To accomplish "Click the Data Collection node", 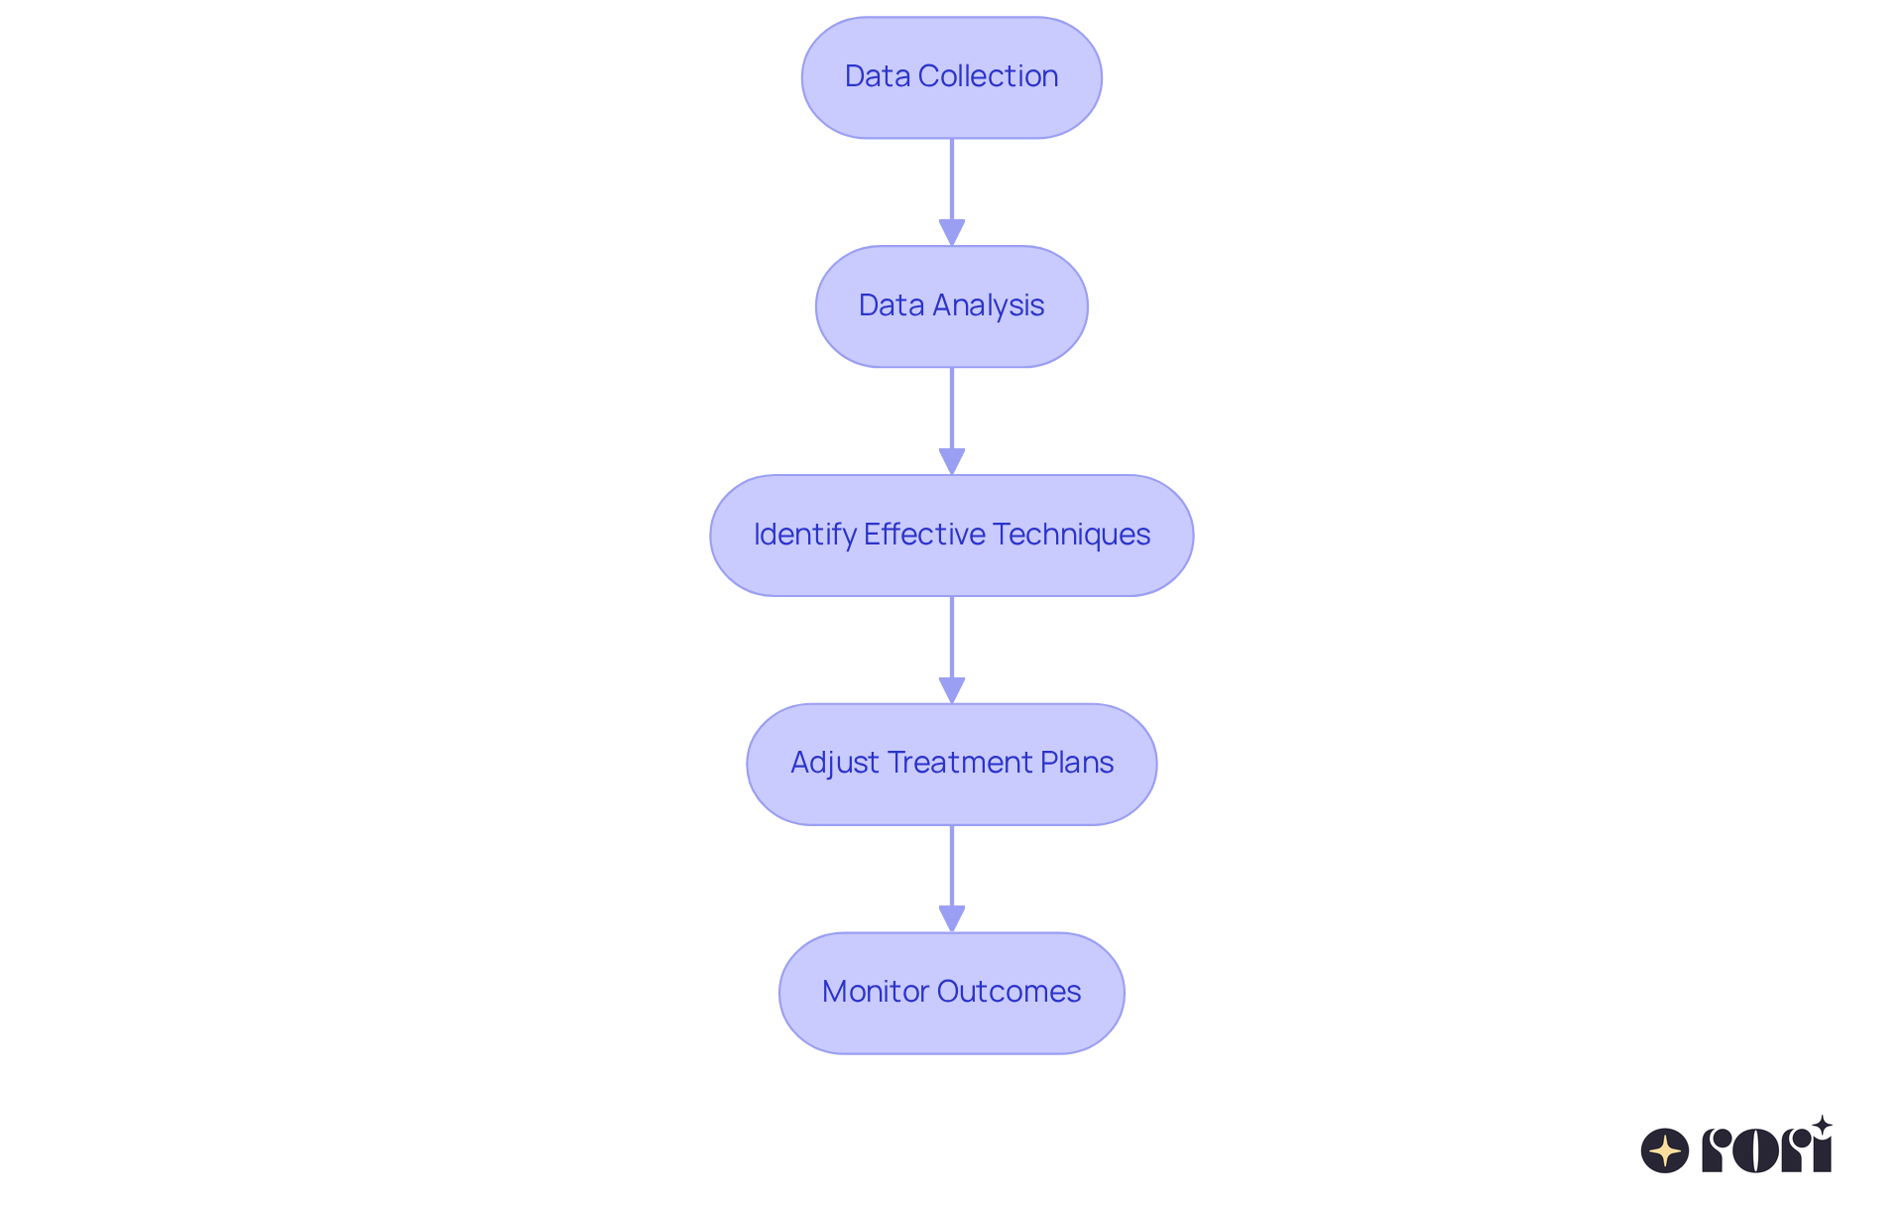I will (x=951, y=77).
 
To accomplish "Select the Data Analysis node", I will (x=951, y=306).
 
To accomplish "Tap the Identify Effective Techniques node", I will (x=951, y=536).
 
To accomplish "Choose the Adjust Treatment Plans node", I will (x=951, y=764).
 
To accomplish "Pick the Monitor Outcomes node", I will (x=951, y=993).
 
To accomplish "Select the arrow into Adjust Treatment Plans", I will (x=952, y=649).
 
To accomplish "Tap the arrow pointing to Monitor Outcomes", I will (x=952, y=878).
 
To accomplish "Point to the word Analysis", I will (x=988, y=305).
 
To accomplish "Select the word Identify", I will (x=804, y=535).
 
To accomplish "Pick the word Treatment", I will (x=959, y=763).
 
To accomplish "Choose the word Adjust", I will (x=834, y=763).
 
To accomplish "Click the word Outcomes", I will (x=1009, y=992).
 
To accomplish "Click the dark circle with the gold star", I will (x=1665, y=1150).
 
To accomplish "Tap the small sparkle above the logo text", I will (x=1822, y=1126).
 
